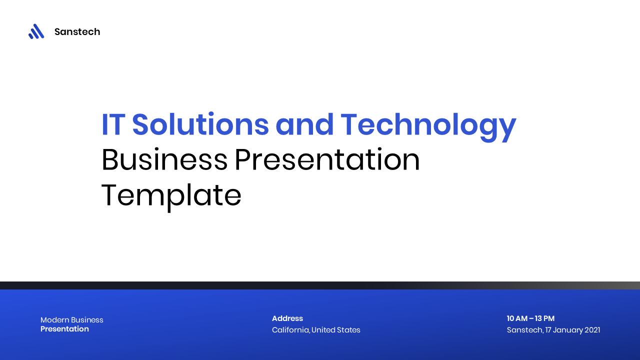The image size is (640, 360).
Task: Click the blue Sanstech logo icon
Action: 36,31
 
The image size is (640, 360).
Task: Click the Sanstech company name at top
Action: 77,32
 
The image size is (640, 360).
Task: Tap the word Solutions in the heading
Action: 200,124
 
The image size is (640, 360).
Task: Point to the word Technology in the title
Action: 428,124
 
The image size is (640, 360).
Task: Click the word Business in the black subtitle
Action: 164,160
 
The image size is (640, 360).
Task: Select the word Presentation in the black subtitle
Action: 327,160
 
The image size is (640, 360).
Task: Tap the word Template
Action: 171,195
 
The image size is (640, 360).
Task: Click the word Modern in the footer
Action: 54,320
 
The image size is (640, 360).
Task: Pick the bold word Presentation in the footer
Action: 64,329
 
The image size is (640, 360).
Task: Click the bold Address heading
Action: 287,318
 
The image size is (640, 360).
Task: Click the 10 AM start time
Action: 516,318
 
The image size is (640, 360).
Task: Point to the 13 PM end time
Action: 544,318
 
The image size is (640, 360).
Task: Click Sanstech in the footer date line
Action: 524,330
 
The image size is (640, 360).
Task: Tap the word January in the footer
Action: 567,330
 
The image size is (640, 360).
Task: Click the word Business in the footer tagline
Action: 87,320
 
